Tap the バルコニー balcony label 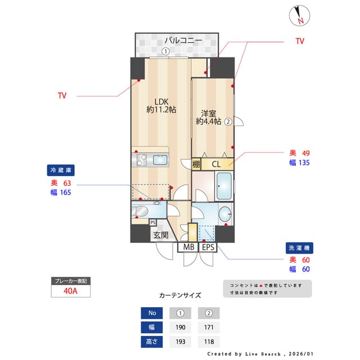click(x=183, y=40)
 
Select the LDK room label click(x=161, y=106)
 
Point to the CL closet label click(x=216, y=164)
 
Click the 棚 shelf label click(x=196, y=164)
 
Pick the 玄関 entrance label click(x=160, y=235)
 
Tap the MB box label click(x=188, y=247)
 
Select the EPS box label click(x=208, y=247)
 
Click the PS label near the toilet click(x=153, y=222)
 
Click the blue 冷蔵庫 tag click(x=61, y=170)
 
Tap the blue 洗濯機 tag click(x=299, y=247)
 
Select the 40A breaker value click(x=70, y=291)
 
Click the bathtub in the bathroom click(x=223, y=186)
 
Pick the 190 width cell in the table click(x=181, y=327)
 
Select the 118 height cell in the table click(x=208, y=341)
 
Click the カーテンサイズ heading click(x=180, y=295)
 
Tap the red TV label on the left click(x=62, y=96)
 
